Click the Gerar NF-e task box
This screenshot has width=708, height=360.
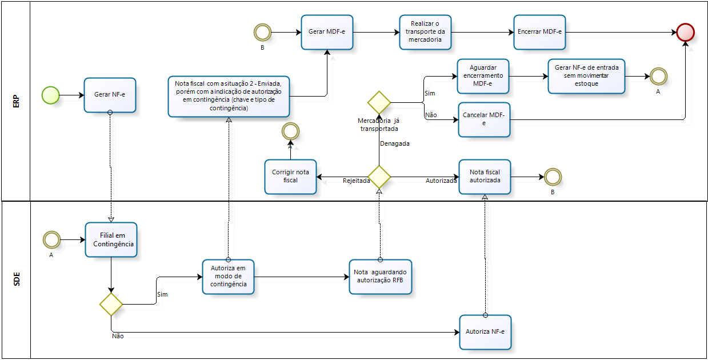click(110, 95)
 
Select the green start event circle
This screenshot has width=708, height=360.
click(50, 95)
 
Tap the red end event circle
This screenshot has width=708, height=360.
click(685, 32)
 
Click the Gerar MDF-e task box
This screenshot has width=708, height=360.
click(326, 32)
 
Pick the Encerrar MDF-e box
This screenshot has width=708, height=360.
click(539, 32)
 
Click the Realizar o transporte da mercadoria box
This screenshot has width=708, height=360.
click(425, 32)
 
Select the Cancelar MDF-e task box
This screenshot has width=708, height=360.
click(483, 119)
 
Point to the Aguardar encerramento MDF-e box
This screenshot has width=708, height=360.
click(483, 76)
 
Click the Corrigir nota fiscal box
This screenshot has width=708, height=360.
click(290, 177)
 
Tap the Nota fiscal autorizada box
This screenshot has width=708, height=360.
click(485, 177)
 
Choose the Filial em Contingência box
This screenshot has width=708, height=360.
click(111, 240)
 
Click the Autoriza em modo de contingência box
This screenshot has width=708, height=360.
click(228, 277)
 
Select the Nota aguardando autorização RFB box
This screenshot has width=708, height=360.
click(380, 277)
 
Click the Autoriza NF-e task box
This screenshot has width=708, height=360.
click(485, 331)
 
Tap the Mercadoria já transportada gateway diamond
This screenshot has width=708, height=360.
click(379, 102)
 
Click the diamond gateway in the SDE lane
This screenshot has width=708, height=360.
click(111, 304)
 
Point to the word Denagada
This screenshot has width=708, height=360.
click(394, 143)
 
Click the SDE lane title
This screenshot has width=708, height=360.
click(17, 280)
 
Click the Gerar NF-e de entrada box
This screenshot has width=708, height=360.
click(586, 76)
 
